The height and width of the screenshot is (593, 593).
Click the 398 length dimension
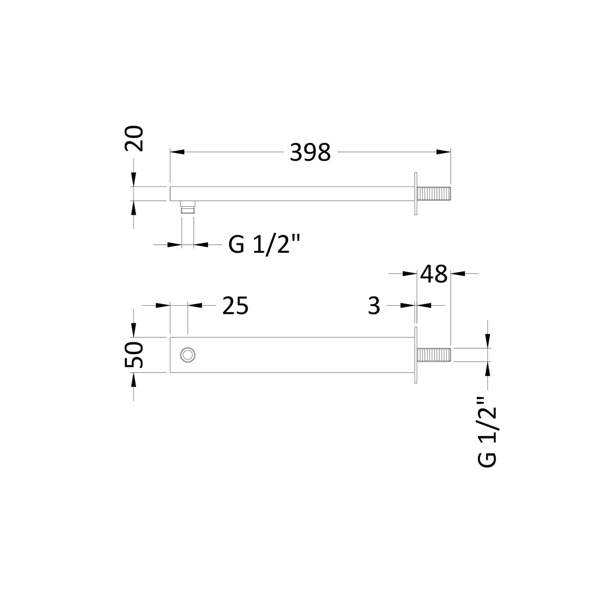(x=310, y=152)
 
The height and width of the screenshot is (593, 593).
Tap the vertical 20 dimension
(x=134, y=138)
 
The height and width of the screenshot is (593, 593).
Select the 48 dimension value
(x=433, y=274)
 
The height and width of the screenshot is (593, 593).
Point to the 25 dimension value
(x=235, y=306)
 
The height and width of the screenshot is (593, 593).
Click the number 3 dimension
(x=374, y=306)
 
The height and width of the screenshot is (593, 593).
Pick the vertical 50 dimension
(x=134, y=355)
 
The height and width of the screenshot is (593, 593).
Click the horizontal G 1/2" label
(x=264, y=245)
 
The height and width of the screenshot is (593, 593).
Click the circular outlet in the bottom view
(x=187, y=355)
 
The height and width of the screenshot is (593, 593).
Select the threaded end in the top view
(x=433, y=194)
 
